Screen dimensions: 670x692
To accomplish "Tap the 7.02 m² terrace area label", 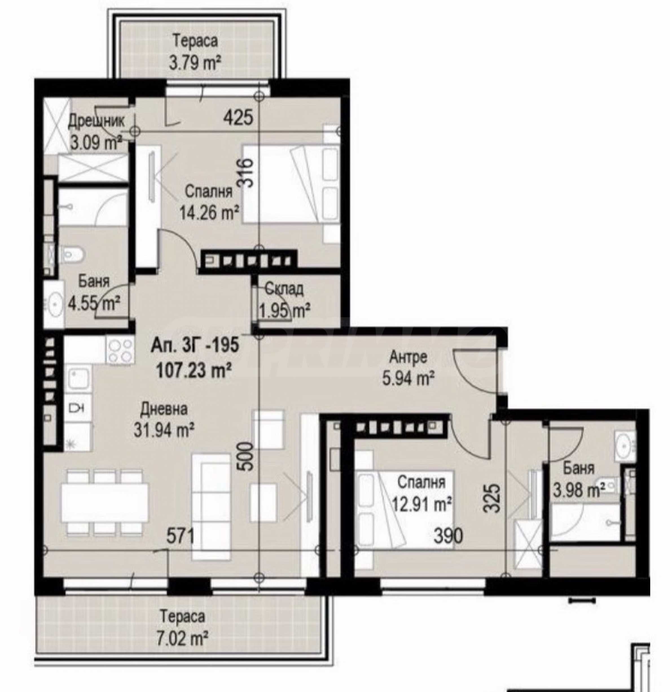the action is click(x=183, y=639).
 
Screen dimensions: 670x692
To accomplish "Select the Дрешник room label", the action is click(x=96, y=121).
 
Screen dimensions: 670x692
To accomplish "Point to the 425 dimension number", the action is click(x=239, y=117).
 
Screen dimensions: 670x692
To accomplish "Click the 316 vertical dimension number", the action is click(x=245, y=173).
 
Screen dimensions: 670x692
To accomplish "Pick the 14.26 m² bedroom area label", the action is click(x=209, y=213).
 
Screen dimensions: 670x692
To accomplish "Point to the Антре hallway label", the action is click(x=408, y=357).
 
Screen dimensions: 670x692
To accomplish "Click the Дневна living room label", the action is click(x=164, y=409).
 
